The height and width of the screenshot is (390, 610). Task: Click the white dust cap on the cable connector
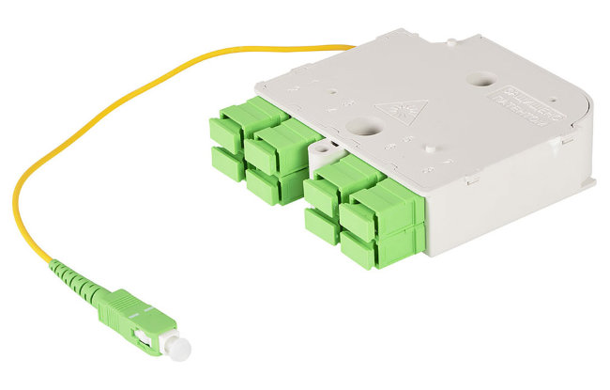[x=175, y=347]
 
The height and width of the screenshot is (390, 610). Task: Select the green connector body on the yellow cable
[x=135, y=319]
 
